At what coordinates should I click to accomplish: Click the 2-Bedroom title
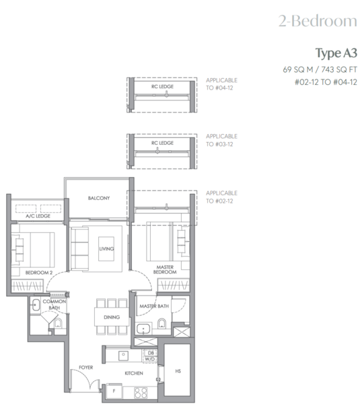[318, 21]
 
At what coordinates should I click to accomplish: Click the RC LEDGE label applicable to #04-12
[163, 87]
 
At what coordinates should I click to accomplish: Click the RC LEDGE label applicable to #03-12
[163, 143]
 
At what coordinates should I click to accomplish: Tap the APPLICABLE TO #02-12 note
[221, 197]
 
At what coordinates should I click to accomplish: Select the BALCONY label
[98, 198]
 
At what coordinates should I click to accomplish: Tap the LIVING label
[106, 249]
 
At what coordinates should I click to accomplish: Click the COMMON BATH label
[54, 305]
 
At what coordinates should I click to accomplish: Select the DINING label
[111, 317]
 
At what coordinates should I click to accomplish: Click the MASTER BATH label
[153, 306]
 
